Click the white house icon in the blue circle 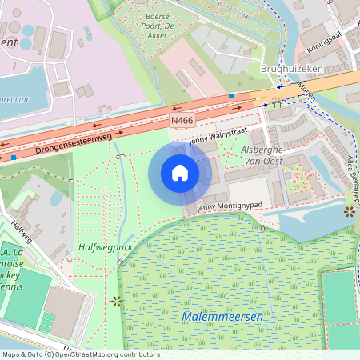(x=180, y=173)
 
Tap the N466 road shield (x=182, y=120)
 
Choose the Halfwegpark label (x=105, y=247)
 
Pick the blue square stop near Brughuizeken (x=230, y=96)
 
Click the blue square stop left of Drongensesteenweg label (x=14, y=157)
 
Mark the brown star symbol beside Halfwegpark (x=117, y=301)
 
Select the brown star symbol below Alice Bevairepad (x=349, y=211)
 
